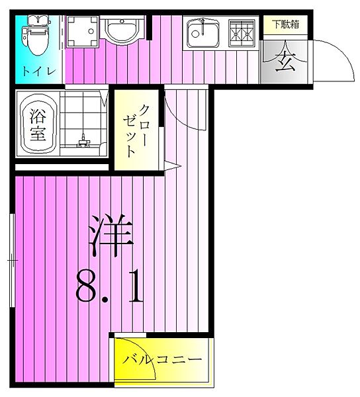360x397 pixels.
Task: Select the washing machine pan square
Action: pyautogui.click(x=83, y=30)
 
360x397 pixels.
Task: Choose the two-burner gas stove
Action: pyautogui.click(x=242, y=31)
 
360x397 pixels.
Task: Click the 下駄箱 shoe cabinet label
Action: pyautogui.click(x=286, y=24)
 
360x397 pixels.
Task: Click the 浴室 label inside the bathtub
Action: pyautogui.click(x=37, y=124)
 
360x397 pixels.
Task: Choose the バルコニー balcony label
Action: pyautogui.click(x=161, y=361)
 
